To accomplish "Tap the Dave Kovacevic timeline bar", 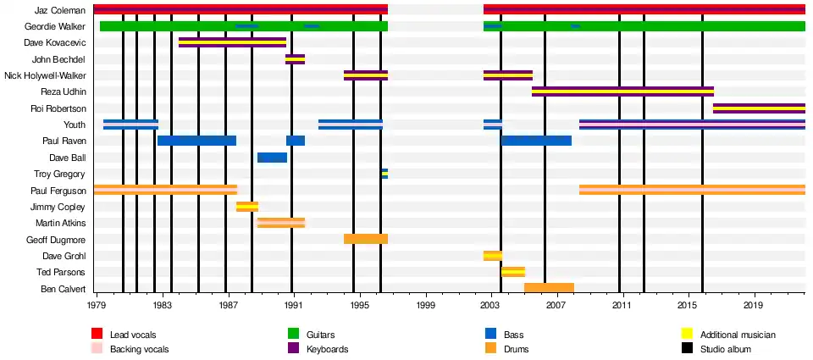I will pos(232,42).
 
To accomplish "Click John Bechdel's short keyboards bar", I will pos(295,59).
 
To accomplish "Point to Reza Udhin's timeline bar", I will pos(622,91).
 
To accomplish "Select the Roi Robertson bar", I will pos(759,108).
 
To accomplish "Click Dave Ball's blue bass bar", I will pos(272,158).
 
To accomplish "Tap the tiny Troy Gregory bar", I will pos(384,174).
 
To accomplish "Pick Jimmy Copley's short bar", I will pos(247,207).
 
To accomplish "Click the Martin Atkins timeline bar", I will pos(281,223).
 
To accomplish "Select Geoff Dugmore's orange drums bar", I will pos(366,239).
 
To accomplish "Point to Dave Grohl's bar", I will pos(493,256).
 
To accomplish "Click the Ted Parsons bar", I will pos(513,272).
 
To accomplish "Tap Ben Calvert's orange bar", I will pos(549,288).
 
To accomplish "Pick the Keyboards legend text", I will pos(327,349).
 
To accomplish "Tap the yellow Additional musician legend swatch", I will pos(688,335).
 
